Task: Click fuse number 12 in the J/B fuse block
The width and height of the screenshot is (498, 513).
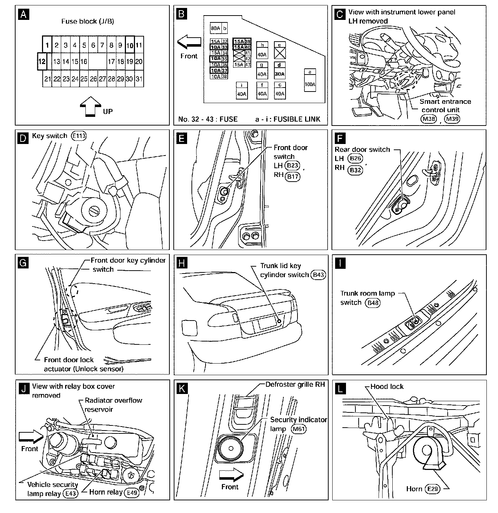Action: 42,62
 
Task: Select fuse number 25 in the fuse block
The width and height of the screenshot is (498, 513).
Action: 84,79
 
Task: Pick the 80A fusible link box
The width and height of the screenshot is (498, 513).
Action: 216,28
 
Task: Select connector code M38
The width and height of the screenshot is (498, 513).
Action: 429,119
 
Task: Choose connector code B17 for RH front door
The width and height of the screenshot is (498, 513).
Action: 292,177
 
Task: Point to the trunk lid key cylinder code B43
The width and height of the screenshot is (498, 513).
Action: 318,275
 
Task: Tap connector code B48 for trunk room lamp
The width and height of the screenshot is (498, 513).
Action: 373,303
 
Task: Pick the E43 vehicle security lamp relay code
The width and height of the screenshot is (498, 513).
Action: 70,493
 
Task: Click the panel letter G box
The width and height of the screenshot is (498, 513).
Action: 23,263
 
